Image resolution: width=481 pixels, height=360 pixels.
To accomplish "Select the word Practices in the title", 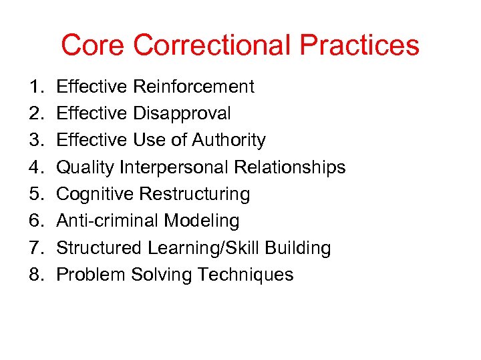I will tap(359, 45).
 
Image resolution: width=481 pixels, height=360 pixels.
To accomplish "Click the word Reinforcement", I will tap(194, 87).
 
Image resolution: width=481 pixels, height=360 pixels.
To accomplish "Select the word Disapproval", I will tap(182, 113).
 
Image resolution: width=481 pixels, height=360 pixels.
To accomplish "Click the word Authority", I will tap(228, 140).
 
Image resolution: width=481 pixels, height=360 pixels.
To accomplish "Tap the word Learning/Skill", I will tap(204, 248).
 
